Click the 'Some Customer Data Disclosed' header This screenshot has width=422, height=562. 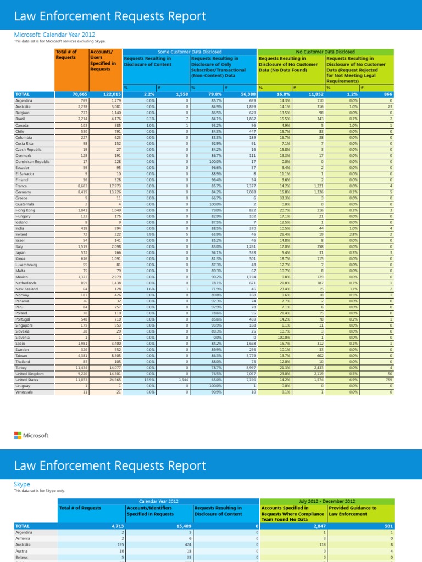tap(190, 52)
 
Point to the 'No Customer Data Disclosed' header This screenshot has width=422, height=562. tap(325, 52)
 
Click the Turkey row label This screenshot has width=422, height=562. tap(22, 368)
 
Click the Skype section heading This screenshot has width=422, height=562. tap(22, 485)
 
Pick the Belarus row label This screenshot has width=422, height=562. tap(23, 557)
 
